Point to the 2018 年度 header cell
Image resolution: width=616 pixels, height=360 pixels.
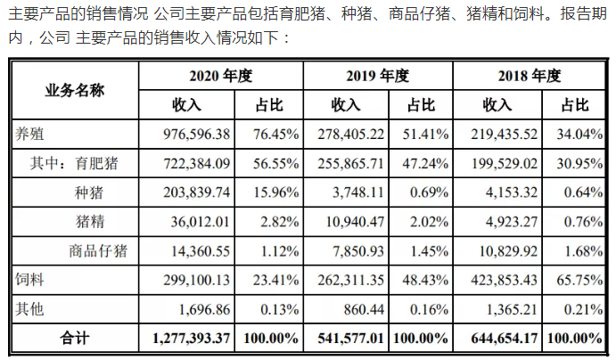pos(532,76)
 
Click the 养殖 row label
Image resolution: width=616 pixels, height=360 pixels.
pos(31,135)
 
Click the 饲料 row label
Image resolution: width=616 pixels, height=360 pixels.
pos(31,280)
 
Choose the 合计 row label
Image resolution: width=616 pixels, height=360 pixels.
pos(74,338)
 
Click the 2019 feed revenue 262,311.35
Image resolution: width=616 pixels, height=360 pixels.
pos(348,280)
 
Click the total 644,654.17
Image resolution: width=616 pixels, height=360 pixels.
pos(501,338)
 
